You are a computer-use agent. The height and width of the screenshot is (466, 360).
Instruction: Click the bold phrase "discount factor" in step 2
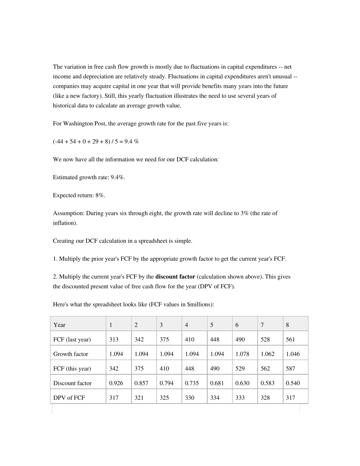point(175,277)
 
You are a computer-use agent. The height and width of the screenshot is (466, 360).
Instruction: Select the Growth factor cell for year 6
point(242,354)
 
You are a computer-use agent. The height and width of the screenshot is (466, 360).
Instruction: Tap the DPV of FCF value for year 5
point(214,398)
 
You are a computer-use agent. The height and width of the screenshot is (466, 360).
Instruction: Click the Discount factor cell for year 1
point(116,383)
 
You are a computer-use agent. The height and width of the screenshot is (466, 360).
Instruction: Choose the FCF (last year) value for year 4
point(189,339)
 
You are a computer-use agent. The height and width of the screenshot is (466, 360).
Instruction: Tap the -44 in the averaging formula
point(59,141)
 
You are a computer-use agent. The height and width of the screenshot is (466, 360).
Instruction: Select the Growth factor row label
point(70,354)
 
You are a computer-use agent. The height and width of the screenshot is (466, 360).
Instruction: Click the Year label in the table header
point(59,325)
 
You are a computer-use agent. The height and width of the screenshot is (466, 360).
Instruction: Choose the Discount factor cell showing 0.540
point(293,383)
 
